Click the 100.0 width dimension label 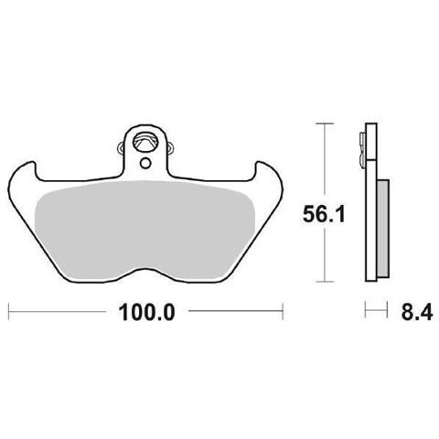(146, 313)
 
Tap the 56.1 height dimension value (324, 214)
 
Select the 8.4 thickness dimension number (417, 312)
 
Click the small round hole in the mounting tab (145, 164)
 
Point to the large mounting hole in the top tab (145, 142)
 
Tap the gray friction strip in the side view (383, 229)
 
